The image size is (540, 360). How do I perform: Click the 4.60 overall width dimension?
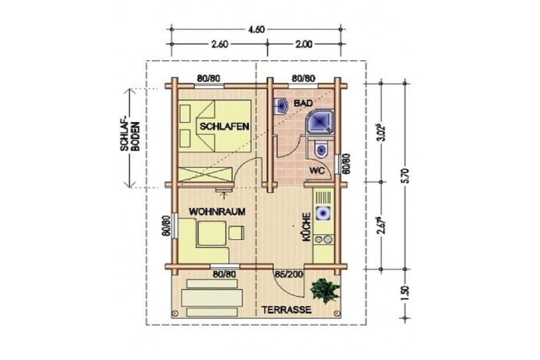point(256,30)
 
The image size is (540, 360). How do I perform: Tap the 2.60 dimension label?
point(219,44)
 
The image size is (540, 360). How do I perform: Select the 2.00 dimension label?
point(304,44)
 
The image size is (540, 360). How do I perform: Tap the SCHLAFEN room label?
point(224,127)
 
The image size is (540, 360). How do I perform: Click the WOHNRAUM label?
point(217,211)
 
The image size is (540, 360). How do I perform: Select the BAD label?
point(303,103)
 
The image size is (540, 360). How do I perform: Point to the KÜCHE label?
point(306,227)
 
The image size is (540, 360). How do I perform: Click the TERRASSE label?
point(286,310)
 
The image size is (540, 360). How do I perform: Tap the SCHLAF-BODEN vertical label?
point(130,137)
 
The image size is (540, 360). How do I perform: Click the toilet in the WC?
point(321,149)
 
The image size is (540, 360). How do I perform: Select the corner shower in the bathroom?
point(320,122)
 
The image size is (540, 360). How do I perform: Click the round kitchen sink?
point(323,213)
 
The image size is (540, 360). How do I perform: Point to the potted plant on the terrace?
point(325,290)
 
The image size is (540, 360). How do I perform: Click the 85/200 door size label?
point(288,274)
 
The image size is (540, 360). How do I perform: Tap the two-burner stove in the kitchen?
point(323,239)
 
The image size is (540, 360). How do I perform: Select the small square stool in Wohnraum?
point(236,232)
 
